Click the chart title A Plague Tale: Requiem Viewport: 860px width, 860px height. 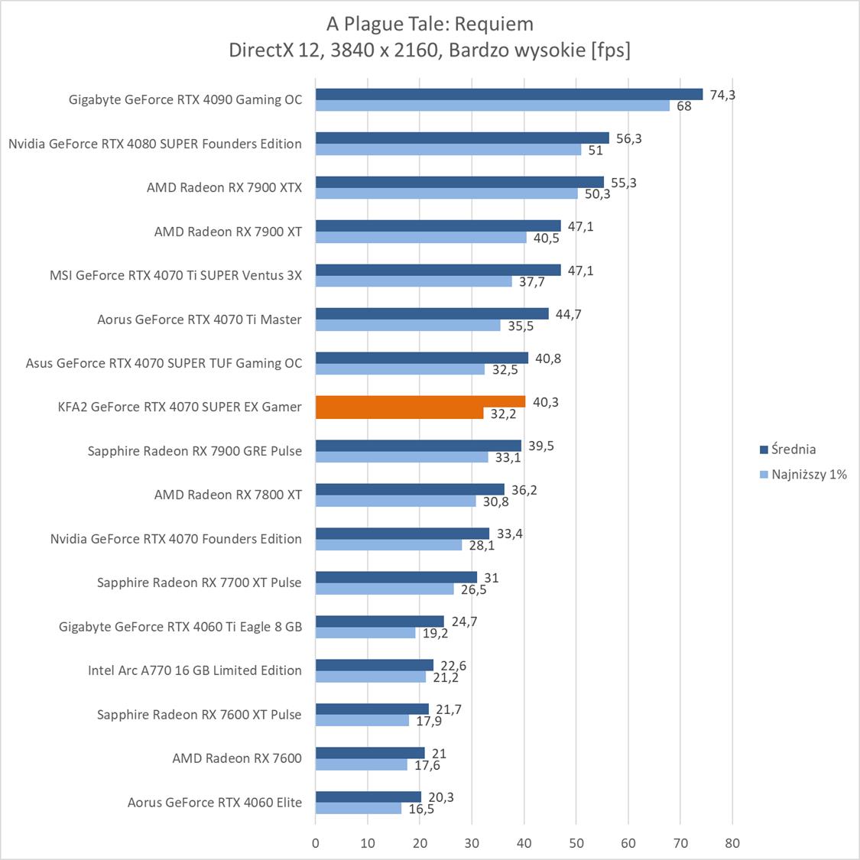coord(430,24)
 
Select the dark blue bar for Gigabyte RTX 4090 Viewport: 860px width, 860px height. coord(508,94)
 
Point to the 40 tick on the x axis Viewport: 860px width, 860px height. coord(524,843)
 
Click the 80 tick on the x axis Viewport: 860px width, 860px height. coord(732,843)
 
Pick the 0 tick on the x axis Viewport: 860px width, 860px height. coord(316,843)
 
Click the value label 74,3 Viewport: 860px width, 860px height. coord(722,95)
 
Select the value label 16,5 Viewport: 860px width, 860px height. coord(421,809)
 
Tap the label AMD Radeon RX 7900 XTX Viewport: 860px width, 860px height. coord(224,187)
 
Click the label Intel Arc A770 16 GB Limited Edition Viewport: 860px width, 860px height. coord(195,670)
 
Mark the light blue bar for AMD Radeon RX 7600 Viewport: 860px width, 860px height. coord(361,764)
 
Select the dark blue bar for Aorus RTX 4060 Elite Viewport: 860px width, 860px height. coord(368,797)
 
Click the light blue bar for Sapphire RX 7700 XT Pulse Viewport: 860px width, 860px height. coord(385,589)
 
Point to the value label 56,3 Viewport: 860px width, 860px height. coord(629,138)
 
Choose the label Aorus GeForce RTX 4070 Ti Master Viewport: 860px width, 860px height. coord(200,320)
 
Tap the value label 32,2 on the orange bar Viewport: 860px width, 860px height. coord(504,414)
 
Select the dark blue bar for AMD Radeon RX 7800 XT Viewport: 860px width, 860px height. coord(410,489)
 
